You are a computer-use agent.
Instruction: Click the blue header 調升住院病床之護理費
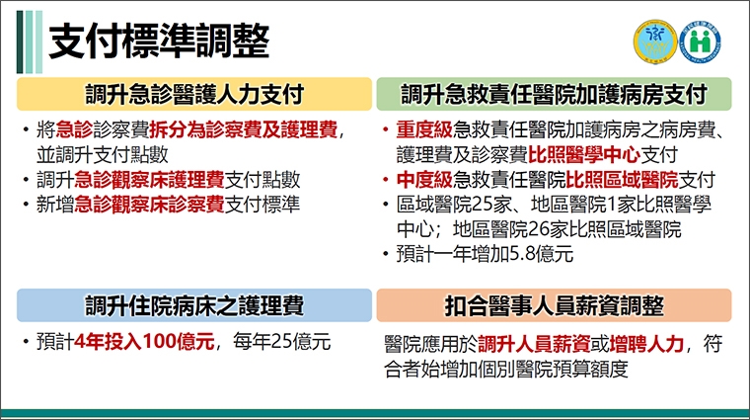pyautogui.click(x=192, y=304)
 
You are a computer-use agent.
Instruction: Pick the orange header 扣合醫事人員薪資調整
pyautogui.click(x=554, y=304)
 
